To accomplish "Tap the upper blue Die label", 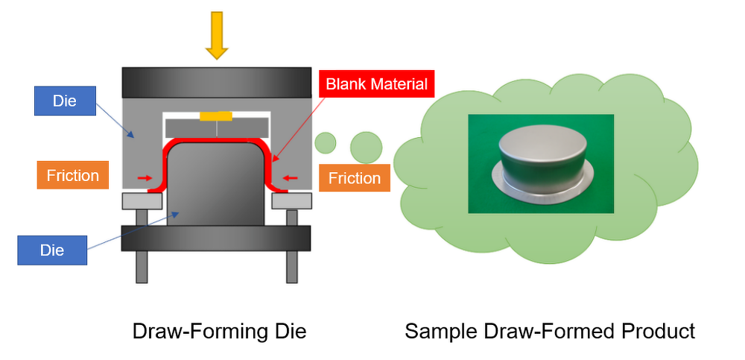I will [x=65, y=101].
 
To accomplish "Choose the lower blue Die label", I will [x=52, y=250].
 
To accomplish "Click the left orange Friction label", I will [x=72, y=175].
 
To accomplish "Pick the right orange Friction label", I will [x=354, y=178].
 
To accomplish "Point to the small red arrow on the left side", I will [x=145, y=178].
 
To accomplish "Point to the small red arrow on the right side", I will [x=290, y=178].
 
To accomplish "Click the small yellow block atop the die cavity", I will [x=216, y=116].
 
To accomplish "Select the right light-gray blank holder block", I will [x=291, y=201].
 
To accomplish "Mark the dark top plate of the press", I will [x=216, y=81].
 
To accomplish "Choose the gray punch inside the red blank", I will [x=216, y=186].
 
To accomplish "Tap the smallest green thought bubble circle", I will [x=326, y=141].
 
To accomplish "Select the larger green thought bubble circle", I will [x=366, y=146].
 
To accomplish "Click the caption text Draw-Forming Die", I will [x=219, y=331].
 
